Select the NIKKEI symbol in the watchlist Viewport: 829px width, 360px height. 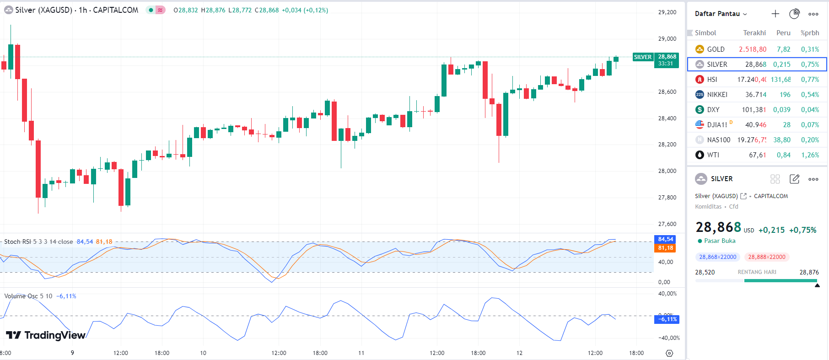coord(717,95)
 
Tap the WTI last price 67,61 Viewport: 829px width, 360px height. coord(757,155)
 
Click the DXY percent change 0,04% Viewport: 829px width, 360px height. coord(810,110)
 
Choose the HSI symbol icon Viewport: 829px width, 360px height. coord(700,80)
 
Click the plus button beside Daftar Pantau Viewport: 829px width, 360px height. coord(775,14)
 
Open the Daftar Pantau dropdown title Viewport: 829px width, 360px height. coord(721,14)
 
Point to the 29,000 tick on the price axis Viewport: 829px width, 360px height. coord(667,39)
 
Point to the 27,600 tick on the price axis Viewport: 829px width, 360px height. coord(667,224)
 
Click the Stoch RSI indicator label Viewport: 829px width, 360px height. coord(38,242)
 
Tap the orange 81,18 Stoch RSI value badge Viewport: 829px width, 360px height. coord(665,248)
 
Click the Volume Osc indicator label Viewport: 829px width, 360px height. coord(28,296)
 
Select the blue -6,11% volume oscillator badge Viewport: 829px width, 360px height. coord(667,319)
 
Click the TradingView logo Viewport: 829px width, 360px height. coord(46,335)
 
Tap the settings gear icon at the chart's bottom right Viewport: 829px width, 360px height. coord(669,353)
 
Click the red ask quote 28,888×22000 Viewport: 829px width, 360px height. coord(766,257)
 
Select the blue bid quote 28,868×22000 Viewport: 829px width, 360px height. coord(717,257)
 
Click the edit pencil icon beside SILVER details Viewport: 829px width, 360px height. coord(794,179)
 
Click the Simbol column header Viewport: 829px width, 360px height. coord(705,33)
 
